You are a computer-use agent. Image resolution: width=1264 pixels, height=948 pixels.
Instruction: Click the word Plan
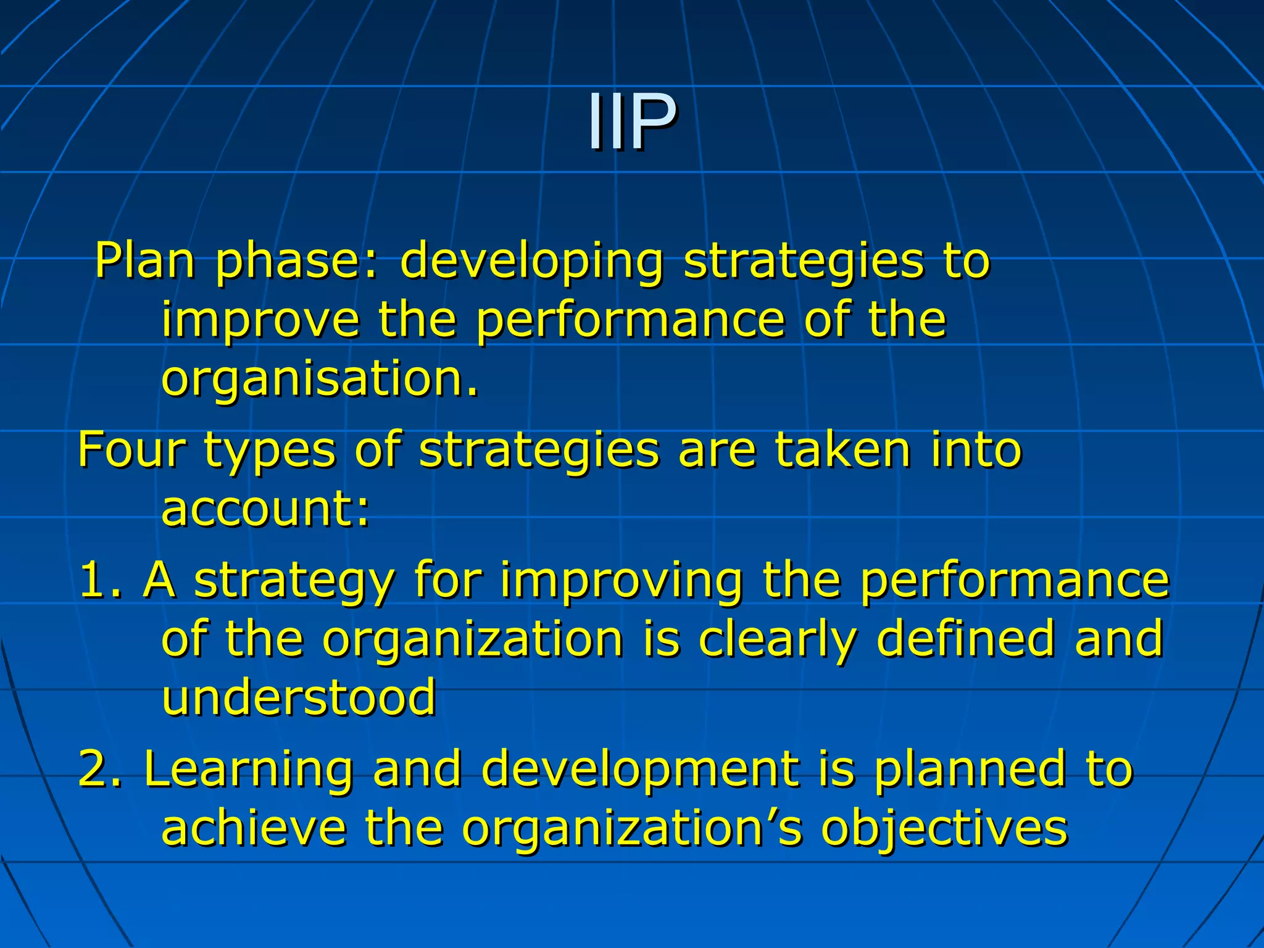point(145,260)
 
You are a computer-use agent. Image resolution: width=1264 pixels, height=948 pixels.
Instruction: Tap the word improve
point(260,321)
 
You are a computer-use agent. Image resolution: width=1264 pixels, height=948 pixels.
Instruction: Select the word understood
point(299,697)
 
